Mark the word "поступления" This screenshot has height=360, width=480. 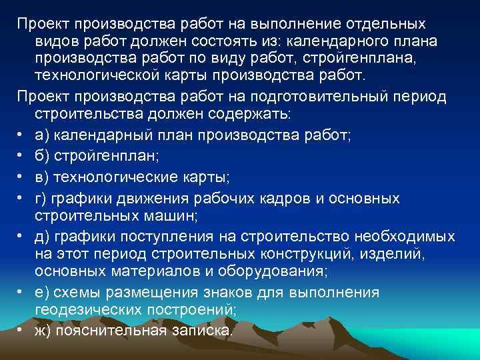tap(156, 237)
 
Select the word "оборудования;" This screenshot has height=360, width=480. tap(269, 272)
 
